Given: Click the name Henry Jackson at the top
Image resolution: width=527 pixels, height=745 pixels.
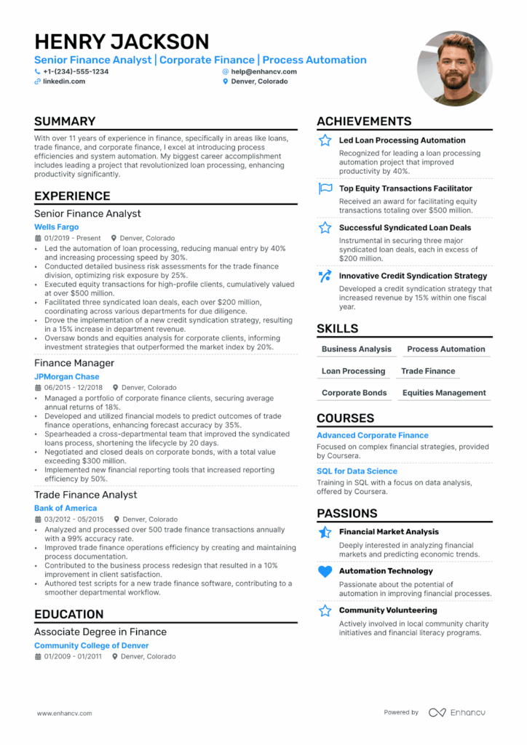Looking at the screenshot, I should [x=122, y=41].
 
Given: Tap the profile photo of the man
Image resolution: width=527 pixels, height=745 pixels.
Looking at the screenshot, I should [x=454, y=68].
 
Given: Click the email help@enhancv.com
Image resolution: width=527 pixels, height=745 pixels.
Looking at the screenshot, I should [x=263, y=71].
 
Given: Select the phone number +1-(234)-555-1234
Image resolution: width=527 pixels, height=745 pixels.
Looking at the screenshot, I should [x=76, y=71].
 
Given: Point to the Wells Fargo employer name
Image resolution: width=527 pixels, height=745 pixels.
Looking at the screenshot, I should [x=56, y=227].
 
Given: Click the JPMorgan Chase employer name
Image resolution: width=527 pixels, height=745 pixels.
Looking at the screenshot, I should [x=66, y=377].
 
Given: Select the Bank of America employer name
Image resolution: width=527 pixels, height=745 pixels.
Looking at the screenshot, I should [x=66, y=508].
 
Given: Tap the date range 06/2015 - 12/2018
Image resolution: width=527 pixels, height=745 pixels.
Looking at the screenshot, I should [x=74, y=388].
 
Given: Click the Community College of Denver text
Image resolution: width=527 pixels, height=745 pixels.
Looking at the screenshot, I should [x=91, y=645].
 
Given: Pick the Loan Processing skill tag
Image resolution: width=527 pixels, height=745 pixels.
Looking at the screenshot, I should [x=353, y=371].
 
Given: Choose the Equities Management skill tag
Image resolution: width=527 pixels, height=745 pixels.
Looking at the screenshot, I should [x=444, y=393].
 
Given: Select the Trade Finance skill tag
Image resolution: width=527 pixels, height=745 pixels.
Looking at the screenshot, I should [x=428, y=371].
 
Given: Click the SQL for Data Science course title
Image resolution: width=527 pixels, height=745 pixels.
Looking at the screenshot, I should [x=357, y=471].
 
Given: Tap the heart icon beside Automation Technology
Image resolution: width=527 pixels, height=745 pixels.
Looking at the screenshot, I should [x=325, y=572].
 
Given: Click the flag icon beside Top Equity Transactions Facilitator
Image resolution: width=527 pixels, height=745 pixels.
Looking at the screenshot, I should [x=325, y=189].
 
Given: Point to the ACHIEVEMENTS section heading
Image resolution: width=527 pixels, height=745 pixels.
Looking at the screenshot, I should [x=364, y=121].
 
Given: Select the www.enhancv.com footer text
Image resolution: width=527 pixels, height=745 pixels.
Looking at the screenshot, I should [x=64, y=714].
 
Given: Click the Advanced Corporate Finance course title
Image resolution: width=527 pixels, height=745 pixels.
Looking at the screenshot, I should [x=372, y=435].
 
